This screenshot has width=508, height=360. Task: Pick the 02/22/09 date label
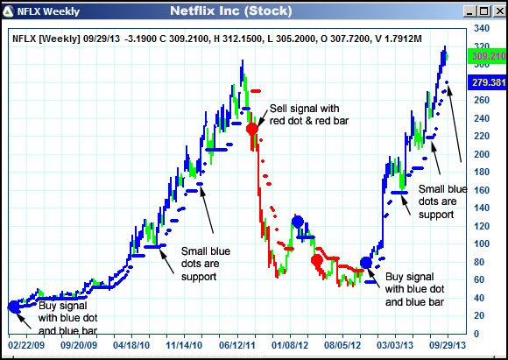pyautogui.click(x=25, y=334)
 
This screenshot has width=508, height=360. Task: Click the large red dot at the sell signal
pyautogui.click(x=252, y=128)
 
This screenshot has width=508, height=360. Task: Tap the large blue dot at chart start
pyautogui.click(x=14, y=306)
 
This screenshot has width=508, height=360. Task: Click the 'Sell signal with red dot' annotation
pyautogui.click(x=308, y=114)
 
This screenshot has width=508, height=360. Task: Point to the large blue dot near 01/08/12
pyautogui.click(x=298, y=222)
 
